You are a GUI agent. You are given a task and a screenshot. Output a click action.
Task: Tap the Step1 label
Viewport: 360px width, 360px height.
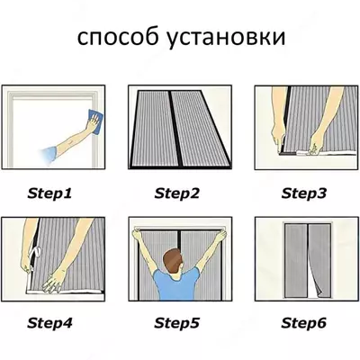point(50,193)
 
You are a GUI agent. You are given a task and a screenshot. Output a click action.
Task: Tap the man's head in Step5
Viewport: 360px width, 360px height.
point(178,261)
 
